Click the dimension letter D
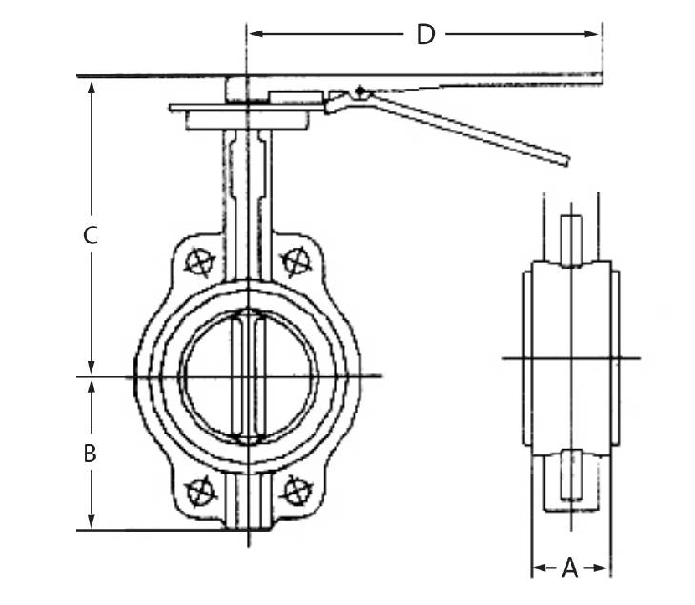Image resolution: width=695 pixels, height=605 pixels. [x=425, y=35]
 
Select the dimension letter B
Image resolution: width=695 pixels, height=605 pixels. [x=90, y=454]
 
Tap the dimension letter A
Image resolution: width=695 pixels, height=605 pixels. [x=569, y=569]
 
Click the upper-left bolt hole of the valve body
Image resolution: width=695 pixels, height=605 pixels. [x=199, y=259]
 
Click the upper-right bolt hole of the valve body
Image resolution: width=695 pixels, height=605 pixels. [x=296, y=258]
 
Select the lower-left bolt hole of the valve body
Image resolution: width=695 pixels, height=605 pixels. [x=199, y=492]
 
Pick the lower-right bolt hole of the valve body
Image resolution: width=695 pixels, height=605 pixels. [x=296, y=492]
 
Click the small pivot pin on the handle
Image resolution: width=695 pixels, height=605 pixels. [x=358, y=91]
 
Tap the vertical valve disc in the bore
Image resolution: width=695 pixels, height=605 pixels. [x=248, y=376]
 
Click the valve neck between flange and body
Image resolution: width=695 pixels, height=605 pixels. [x=248, y=181]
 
